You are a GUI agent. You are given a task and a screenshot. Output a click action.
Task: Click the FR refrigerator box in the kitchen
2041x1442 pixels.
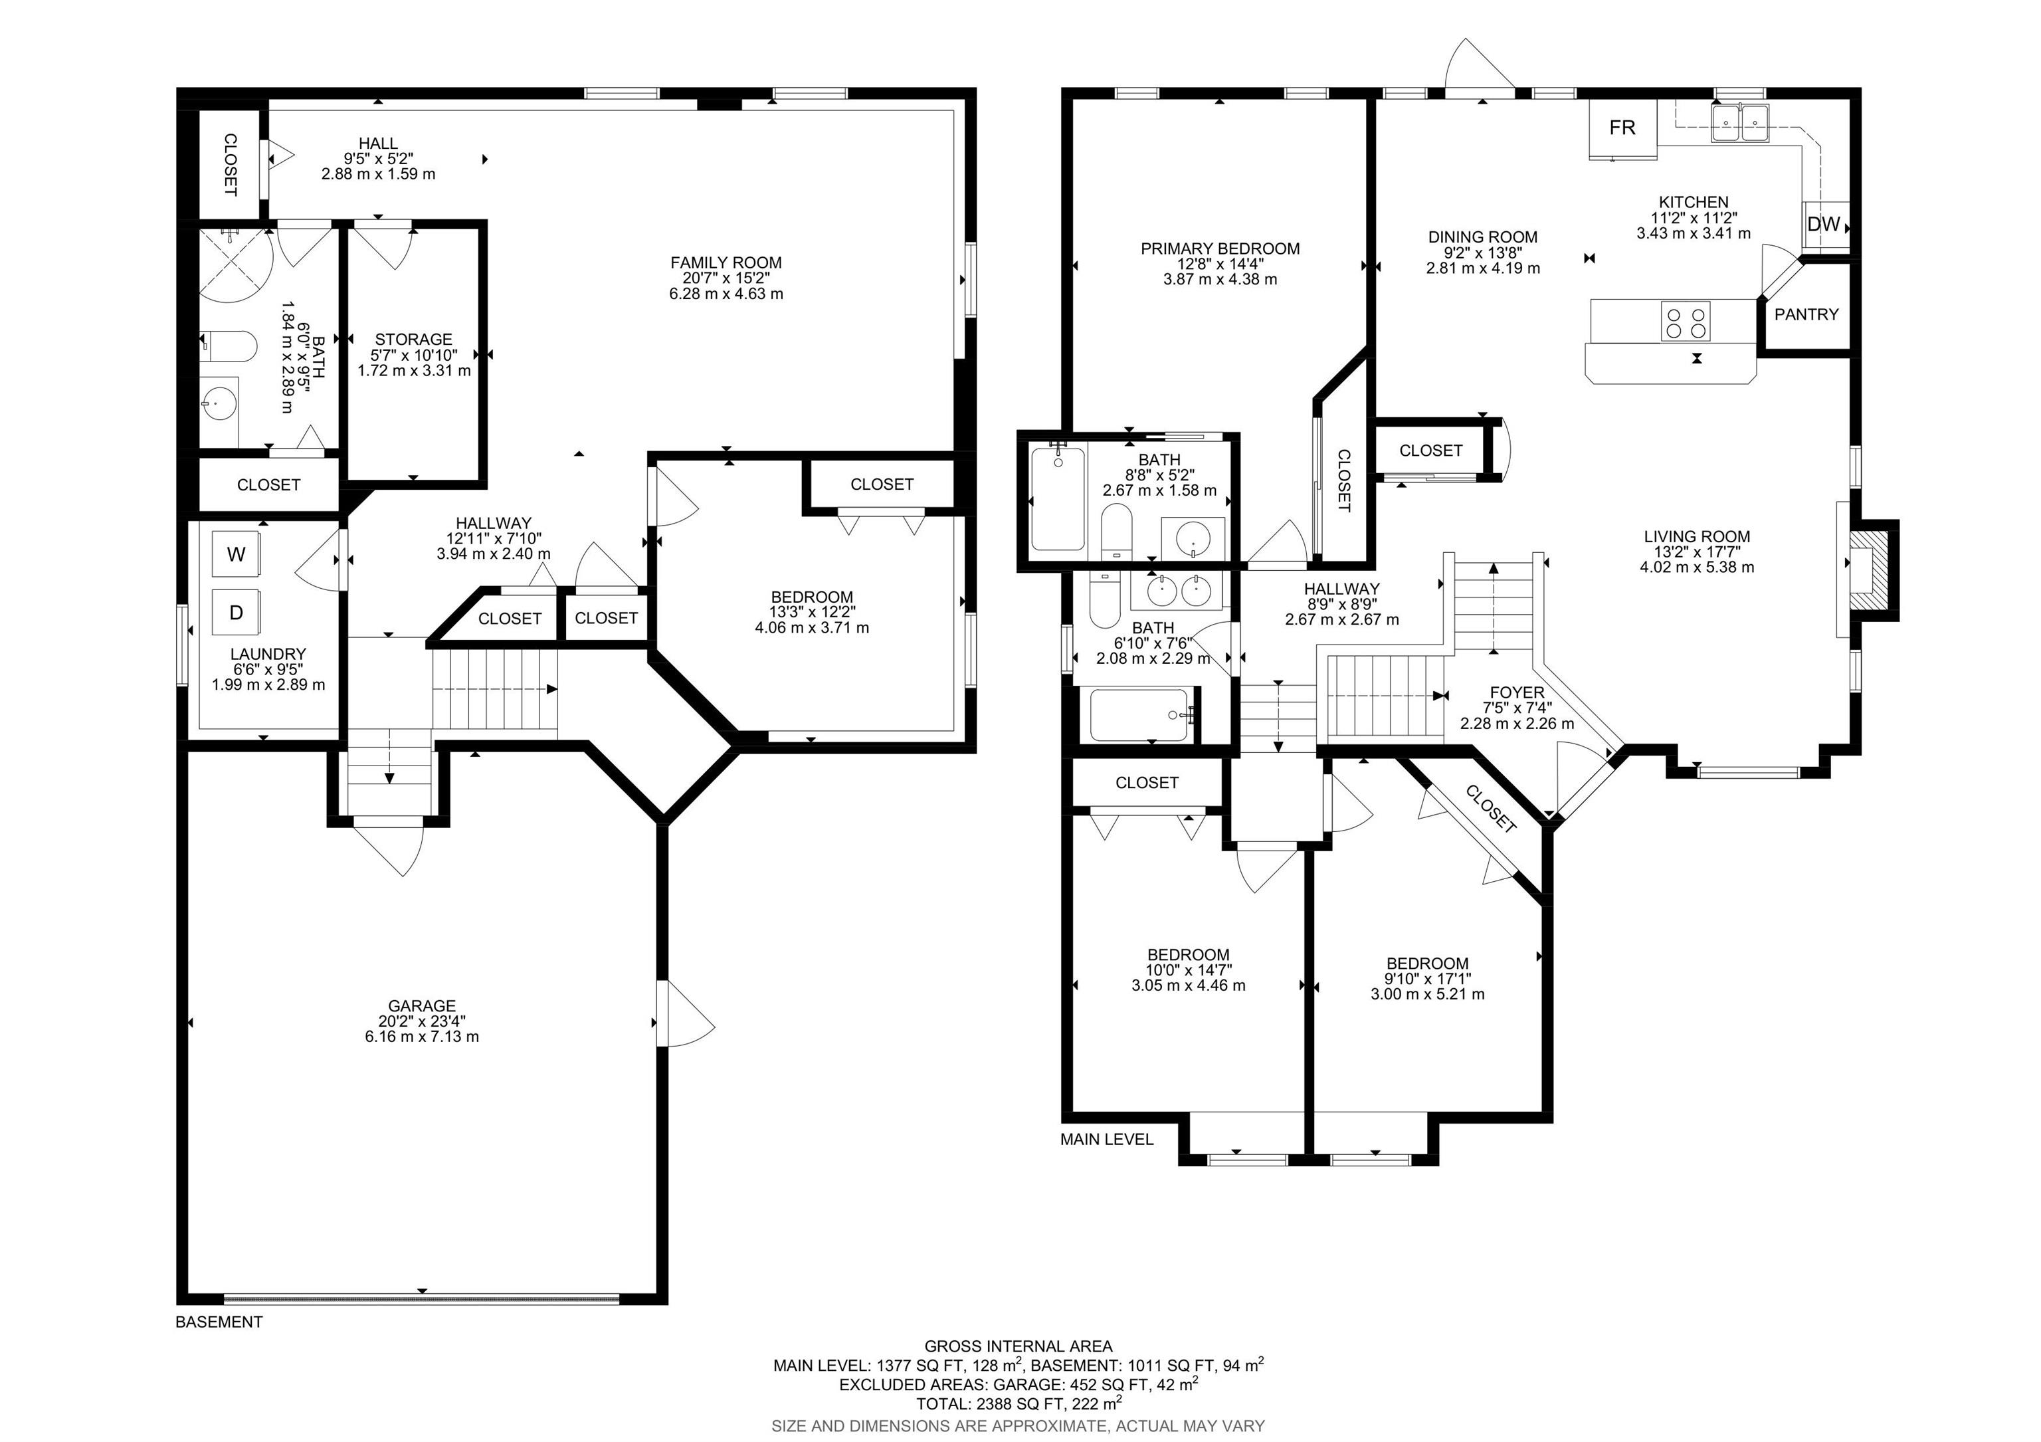pyautogui.click(x=1623, y=128)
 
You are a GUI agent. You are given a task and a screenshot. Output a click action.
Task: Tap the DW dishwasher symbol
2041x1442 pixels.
pyautogui.click(x=1825, y=225)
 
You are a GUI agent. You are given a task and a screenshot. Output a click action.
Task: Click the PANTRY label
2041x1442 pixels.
pyautogui.click(x=1806, y=314)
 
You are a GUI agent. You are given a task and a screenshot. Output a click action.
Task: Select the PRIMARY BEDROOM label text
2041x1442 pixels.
pyautogui.click(x=1220, y=249)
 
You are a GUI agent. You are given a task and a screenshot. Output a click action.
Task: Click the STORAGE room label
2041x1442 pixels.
pyautogui.click(x=413, y=340)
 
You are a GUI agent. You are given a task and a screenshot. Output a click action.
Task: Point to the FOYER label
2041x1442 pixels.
pyautogui.click(x=1517, y=692)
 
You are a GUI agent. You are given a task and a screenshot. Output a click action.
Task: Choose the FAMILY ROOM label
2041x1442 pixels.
pyautogui.click(x=726, y=262)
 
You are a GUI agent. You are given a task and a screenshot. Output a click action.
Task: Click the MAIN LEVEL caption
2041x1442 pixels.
pyautogui.click(x=1107, y=1140)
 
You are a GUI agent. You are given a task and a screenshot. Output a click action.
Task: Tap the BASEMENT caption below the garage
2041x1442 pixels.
pyautogui.click(x=219, y=1322)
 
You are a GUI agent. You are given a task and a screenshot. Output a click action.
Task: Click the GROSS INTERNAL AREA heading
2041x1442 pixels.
pyautogui.click(x=1018, y=1347)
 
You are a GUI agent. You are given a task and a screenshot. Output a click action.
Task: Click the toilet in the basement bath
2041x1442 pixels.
pyautogui.click(x=229, y=345)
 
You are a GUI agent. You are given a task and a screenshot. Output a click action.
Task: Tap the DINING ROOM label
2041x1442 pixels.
pyautogui.click(x=1483, y=237)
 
